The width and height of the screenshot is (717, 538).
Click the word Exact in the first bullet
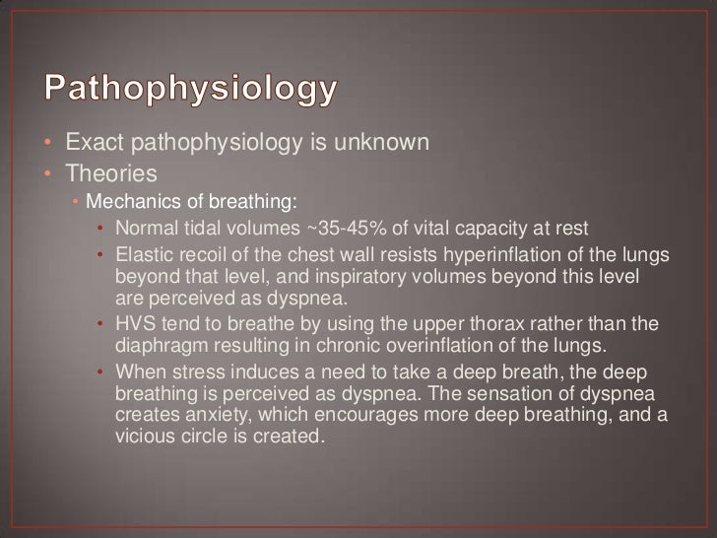(90, 144)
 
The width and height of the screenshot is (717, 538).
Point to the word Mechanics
(125, 204)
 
